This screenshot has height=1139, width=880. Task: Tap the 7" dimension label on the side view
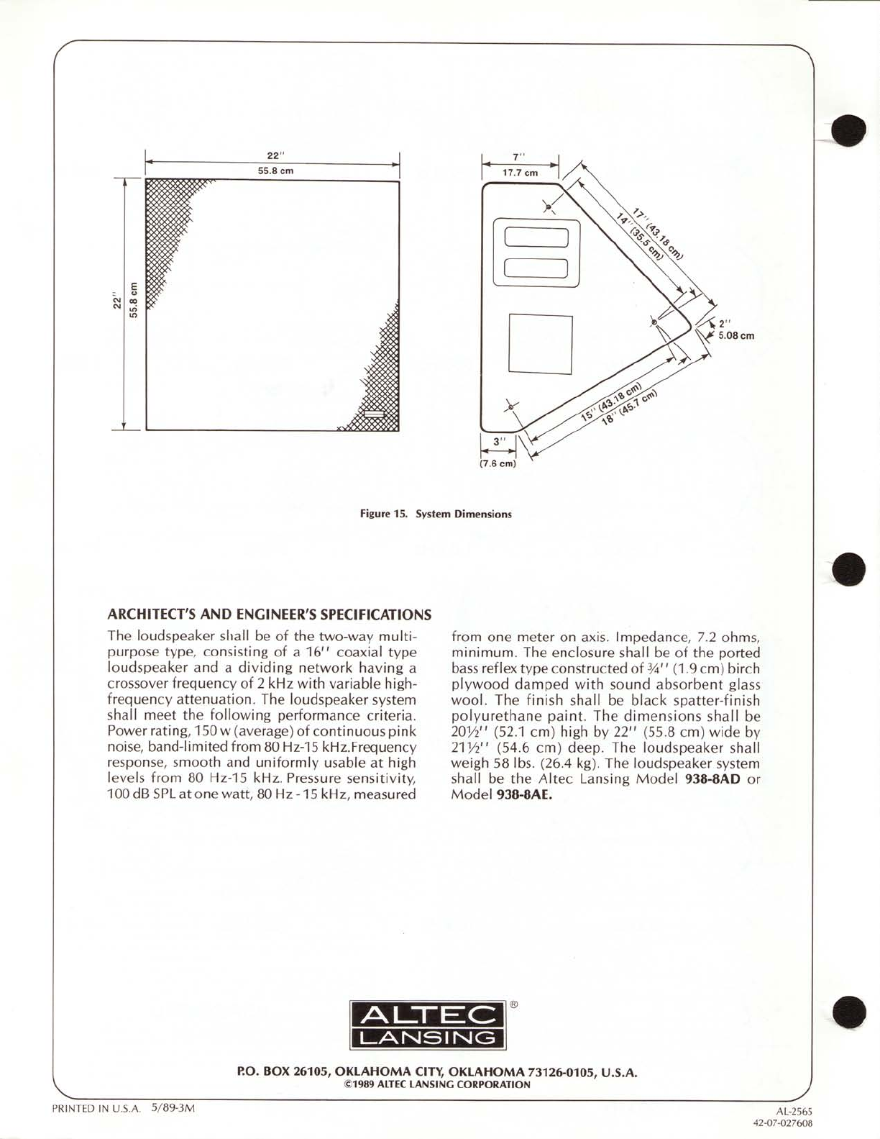520,157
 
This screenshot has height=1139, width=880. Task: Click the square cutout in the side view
540,345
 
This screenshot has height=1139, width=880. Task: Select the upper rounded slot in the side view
536,238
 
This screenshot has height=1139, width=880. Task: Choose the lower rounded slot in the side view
536,269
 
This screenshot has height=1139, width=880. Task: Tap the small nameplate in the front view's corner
375,414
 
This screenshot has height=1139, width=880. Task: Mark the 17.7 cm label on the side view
520,173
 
